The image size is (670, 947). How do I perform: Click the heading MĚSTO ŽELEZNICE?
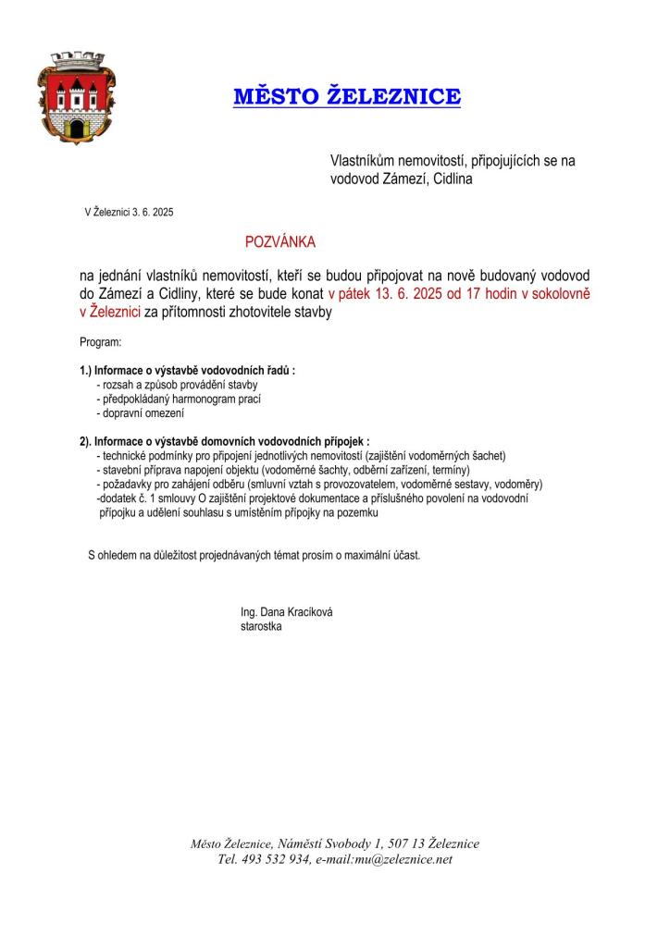pyautogui.click(x=346, y=97)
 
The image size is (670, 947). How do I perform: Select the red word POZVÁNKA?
pyautogui.click(x=279, y=242)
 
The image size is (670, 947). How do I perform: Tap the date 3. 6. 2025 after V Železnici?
pyautogui.click(x=152, y=212)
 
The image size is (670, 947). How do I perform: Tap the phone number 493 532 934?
pyautogui.click(x=275, y=859)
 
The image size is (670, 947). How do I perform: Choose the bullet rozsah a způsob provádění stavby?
pyautogui.click(x=177, y=384)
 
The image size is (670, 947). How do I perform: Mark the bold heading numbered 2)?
pyautogui.click(x=225, y=441)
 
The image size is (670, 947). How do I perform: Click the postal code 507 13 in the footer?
pyautogui.click(x=408, y=843)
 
